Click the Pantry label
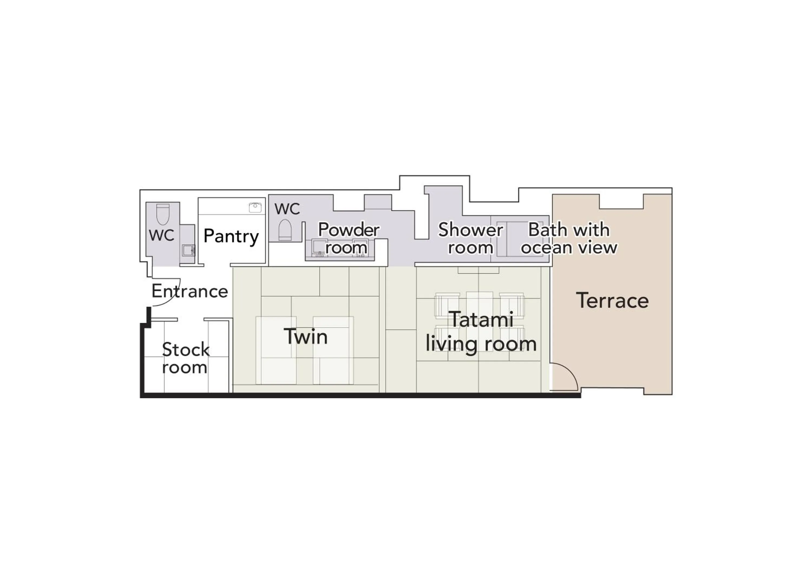(x=231, y=236)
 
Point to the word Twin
(x=306, y=337)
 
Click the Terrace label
(x=612, y=301)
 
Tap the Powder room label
(x=348, y=238)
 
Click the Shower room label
(x=470, y=238)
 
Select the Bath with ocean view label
(x=569, y=238)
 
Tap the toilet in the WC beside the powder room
(x=285, y=230)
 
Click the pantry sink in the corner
(x=255, y=207)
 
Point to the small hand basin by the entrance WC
(x=188, y=250)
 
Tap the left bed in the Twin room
(x=276, y=350)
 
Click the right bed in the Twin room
(x=333, y=350)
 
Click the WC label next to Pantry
(x=161, y=235)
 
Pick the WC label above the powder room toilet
(x=287, y=209)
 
